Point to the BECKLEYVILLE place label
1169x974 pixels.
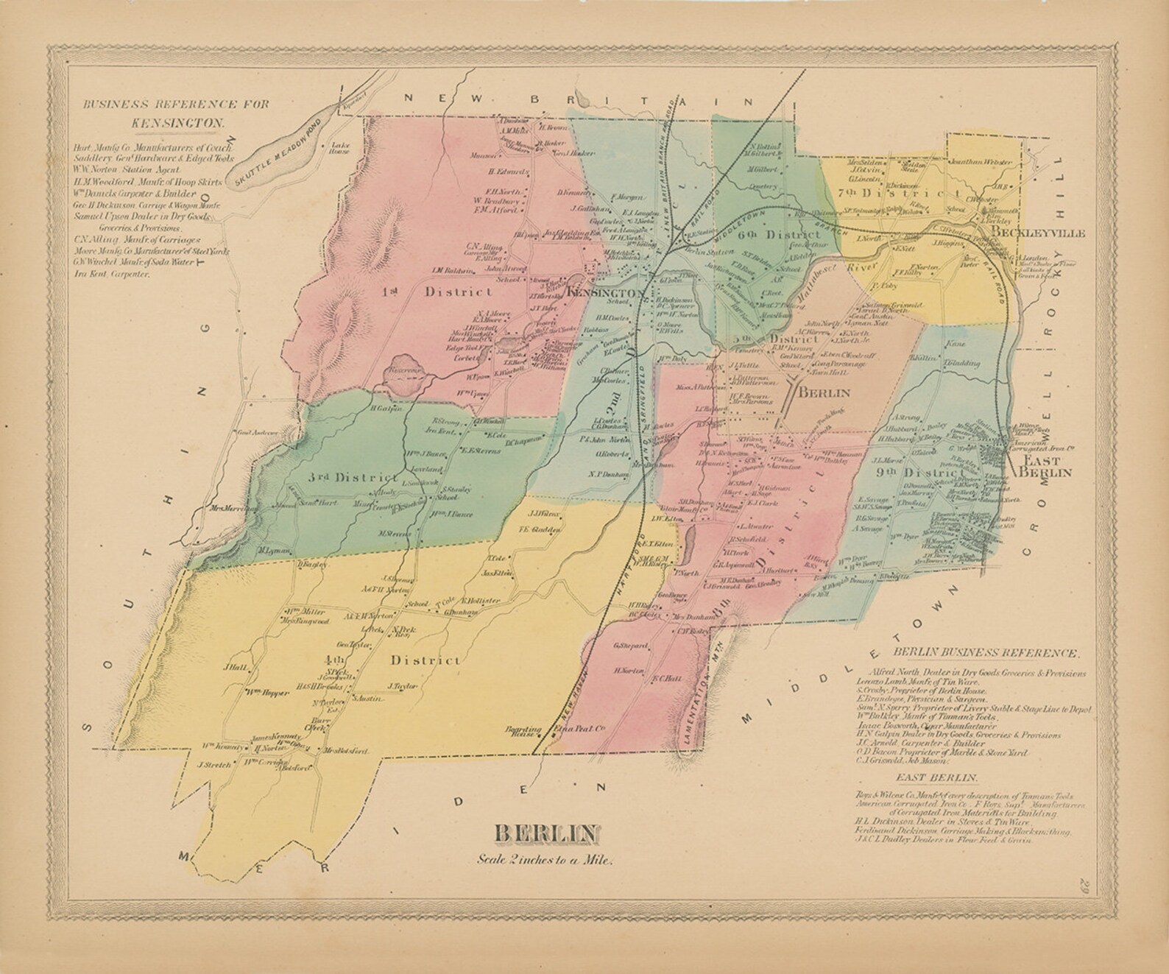[1038, 233]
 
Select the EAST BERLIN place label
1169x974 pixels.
[1045, 465]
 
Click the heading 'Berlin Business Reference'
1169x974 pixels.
[986, 652]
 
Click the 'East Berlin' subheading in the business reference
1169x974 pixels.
[936, 777]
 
